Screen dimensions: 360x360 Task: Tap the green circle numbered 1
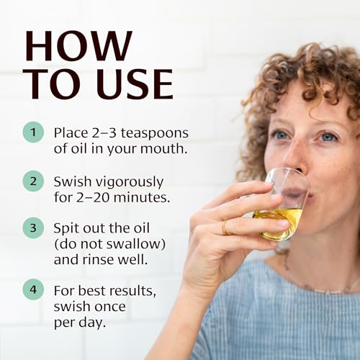tap(33, 132)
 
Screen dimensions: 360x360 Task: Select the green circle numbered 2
tap(33, 181)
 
